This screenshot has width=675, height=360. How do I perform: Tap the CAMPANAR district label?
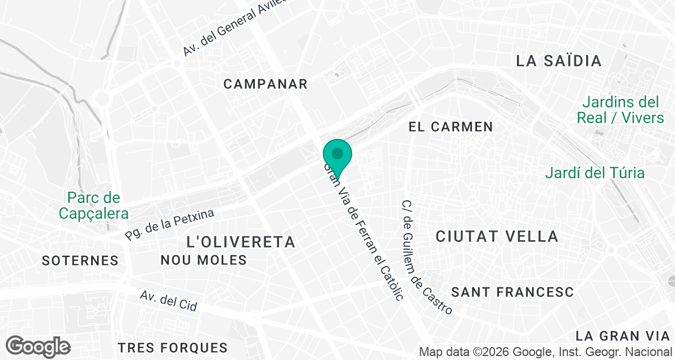click(265, 84)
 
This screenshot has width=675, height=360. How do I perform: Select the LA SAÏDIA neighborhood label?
click(559, 61)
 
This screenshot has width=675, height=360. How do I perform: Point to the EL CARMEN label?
click(451, 127)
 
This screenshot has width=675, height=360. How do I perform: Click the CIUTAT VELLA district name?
click(497, 236)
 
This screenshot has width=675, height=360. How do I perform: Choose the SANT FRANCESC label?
click(512, 292)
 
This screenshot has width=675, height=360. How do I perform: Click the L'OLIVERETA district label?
click(240, 242)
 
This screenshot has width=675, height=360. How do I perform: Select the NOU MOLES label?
click(204, 260)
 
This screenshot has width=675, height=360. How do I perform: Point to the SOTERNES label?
click(80, 260)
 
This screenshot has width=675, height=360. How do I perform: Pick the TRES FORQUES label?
click(173, 347)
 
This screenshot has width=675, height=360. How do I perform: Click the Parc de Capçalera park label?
click(93, 206)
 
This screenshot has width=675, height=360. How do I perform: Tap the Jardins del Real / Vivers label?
click(620, 110)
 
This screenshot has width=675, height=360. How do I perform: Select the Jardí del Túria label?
click(595, 173)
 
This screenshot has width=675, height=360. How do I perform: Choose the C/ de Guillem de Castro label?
click(427, 257)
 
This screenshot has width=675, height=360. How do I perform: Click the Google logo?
click(38, 346)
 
